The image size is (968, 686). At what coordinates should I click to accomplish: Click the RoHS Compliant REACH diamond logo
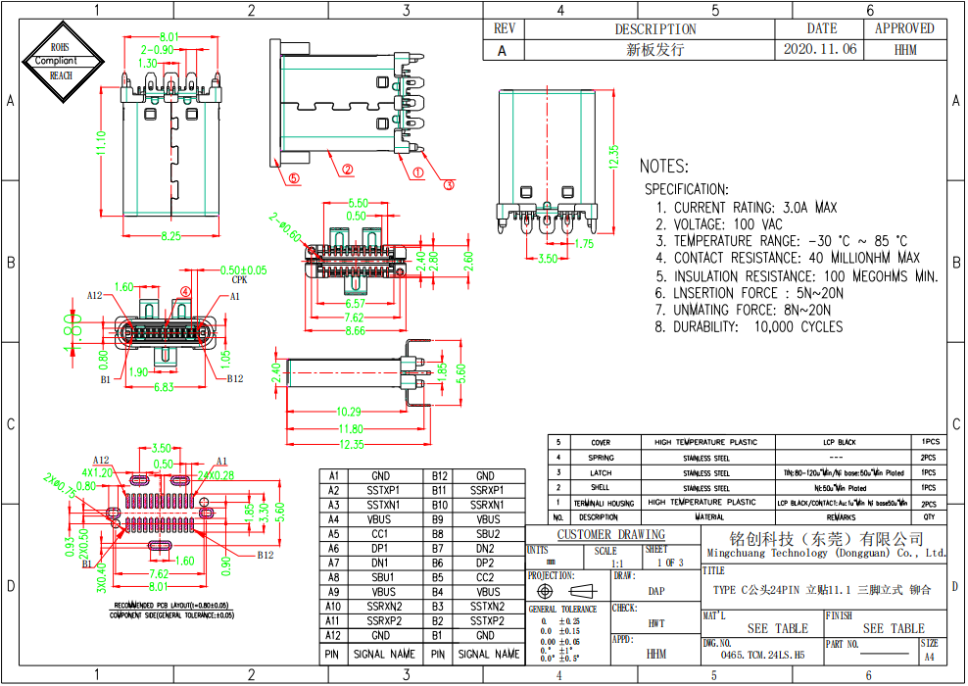tap(61, 61)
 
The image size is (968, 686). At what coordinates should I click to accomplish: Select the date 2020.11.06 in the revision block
tap(821, 49)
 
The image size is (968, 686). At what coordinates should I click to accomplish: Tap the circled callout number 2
tap(347, 169)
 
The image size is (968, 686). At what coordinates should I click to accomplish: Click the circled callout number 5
tap(293, 178)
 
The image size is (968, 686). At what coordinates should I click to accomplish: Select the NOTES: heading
tap(664, 167)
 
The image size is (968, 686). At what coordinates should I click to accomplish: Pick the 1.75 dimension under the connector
tap(584, 244)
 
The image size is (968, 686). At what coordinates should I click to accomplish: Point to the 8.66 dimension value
tap(358, 331)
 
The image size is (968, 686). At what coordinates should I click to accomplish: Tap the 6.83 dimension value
tap(165, 388)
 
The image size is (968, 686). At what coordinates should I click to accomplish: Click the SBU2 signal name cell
tap(487, 534)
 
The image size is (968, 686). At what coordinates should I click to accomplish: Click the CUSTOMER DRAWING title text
tap(611, 535)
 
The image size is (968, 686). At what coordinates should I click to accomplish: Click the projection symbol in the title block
tap(564, 593)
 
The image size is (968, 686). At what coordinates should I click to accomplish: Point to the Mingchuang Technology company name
tap(825, 553)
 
